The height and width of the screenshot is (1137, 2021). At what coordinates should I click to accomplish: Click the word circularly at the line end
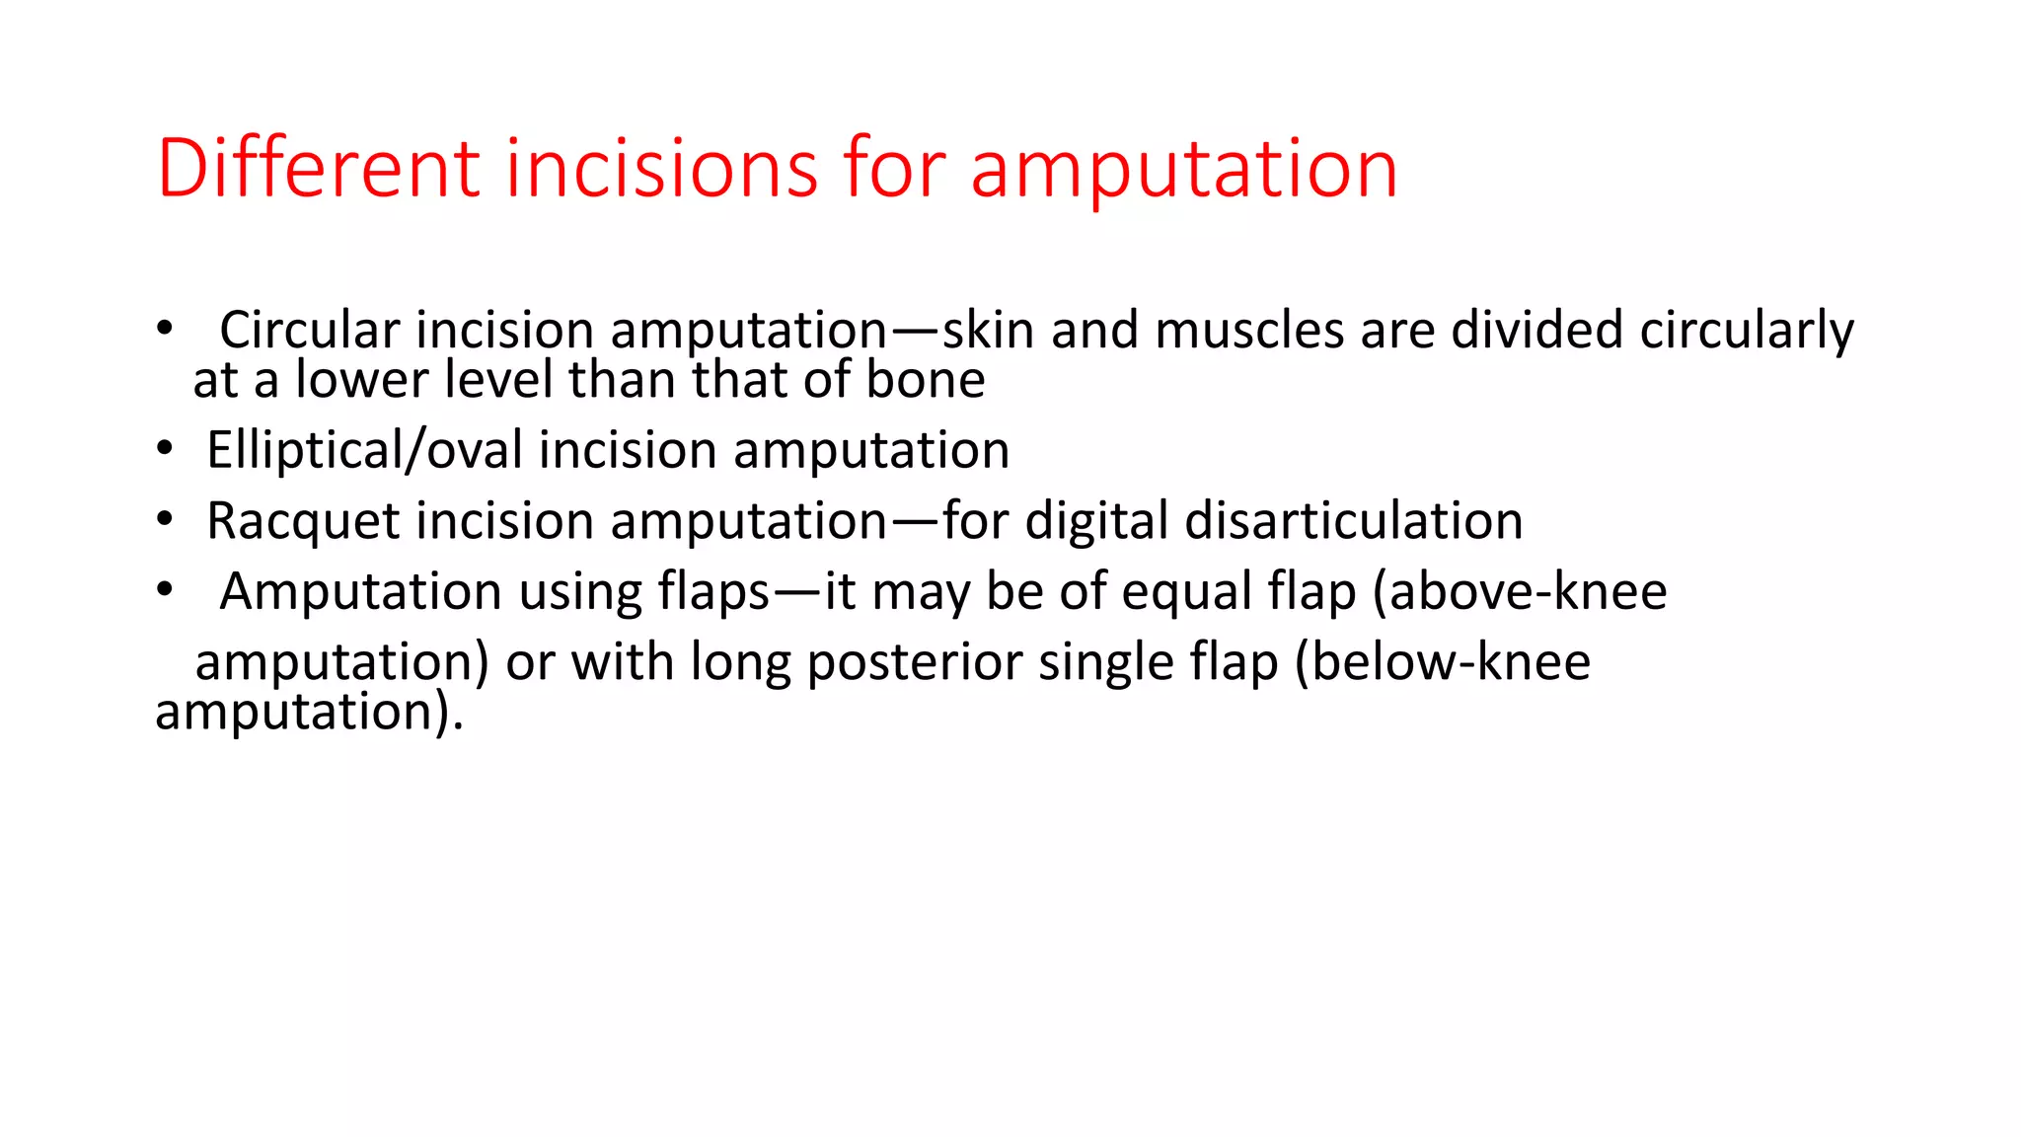(x=1747, y=332)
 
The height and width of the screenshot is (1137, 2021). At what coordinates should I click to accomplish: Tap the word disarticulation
(x=1353, y=521)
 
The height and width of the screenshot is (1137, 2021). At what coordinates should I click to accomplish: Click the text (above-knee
(x=1520, y=591)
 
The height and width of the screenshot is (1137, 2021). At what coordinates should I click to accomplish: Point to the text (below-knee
(x=1442, y=661)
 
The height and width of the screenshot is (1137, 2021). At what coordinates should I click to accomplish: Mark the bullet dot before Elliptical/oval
(x=164, y=449)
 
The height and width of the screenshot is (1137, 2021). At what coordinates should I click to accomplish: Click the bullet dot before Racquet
(x=164, y=519)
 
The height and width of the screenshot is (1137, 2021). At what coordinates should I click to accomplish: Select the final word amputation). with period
(x=309, y=713)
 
